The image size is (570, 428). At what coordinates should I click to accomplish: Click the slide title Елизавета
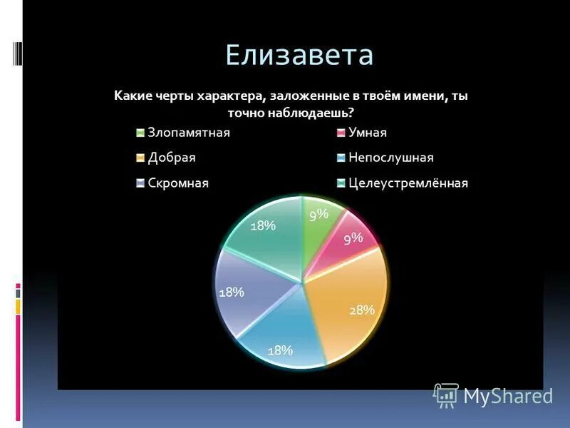(299, 54)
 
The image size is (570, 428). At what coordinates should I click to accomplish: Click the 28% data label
(361, 310)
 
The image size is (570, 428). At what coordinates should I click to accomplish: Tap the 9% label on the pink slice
(353, 240)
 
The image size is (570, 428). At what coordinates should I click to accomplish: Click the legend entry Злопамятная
(188, 133)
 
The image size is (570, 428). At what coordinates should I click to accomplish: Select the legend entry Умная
(368, 133)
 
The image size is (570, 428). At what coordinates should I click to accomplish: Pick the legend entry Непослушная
(390, 158)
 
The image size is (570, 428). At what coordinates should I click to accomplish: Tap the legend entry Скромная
(177, 183)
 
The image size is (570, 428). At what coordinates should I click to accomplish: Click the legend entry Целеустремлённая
(408, 183)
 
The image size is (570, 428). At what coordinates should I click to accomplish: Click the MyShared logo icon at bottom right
(446, 394)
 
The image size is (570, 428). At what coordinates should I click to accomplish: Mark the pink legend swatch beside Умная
(341, 133)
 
